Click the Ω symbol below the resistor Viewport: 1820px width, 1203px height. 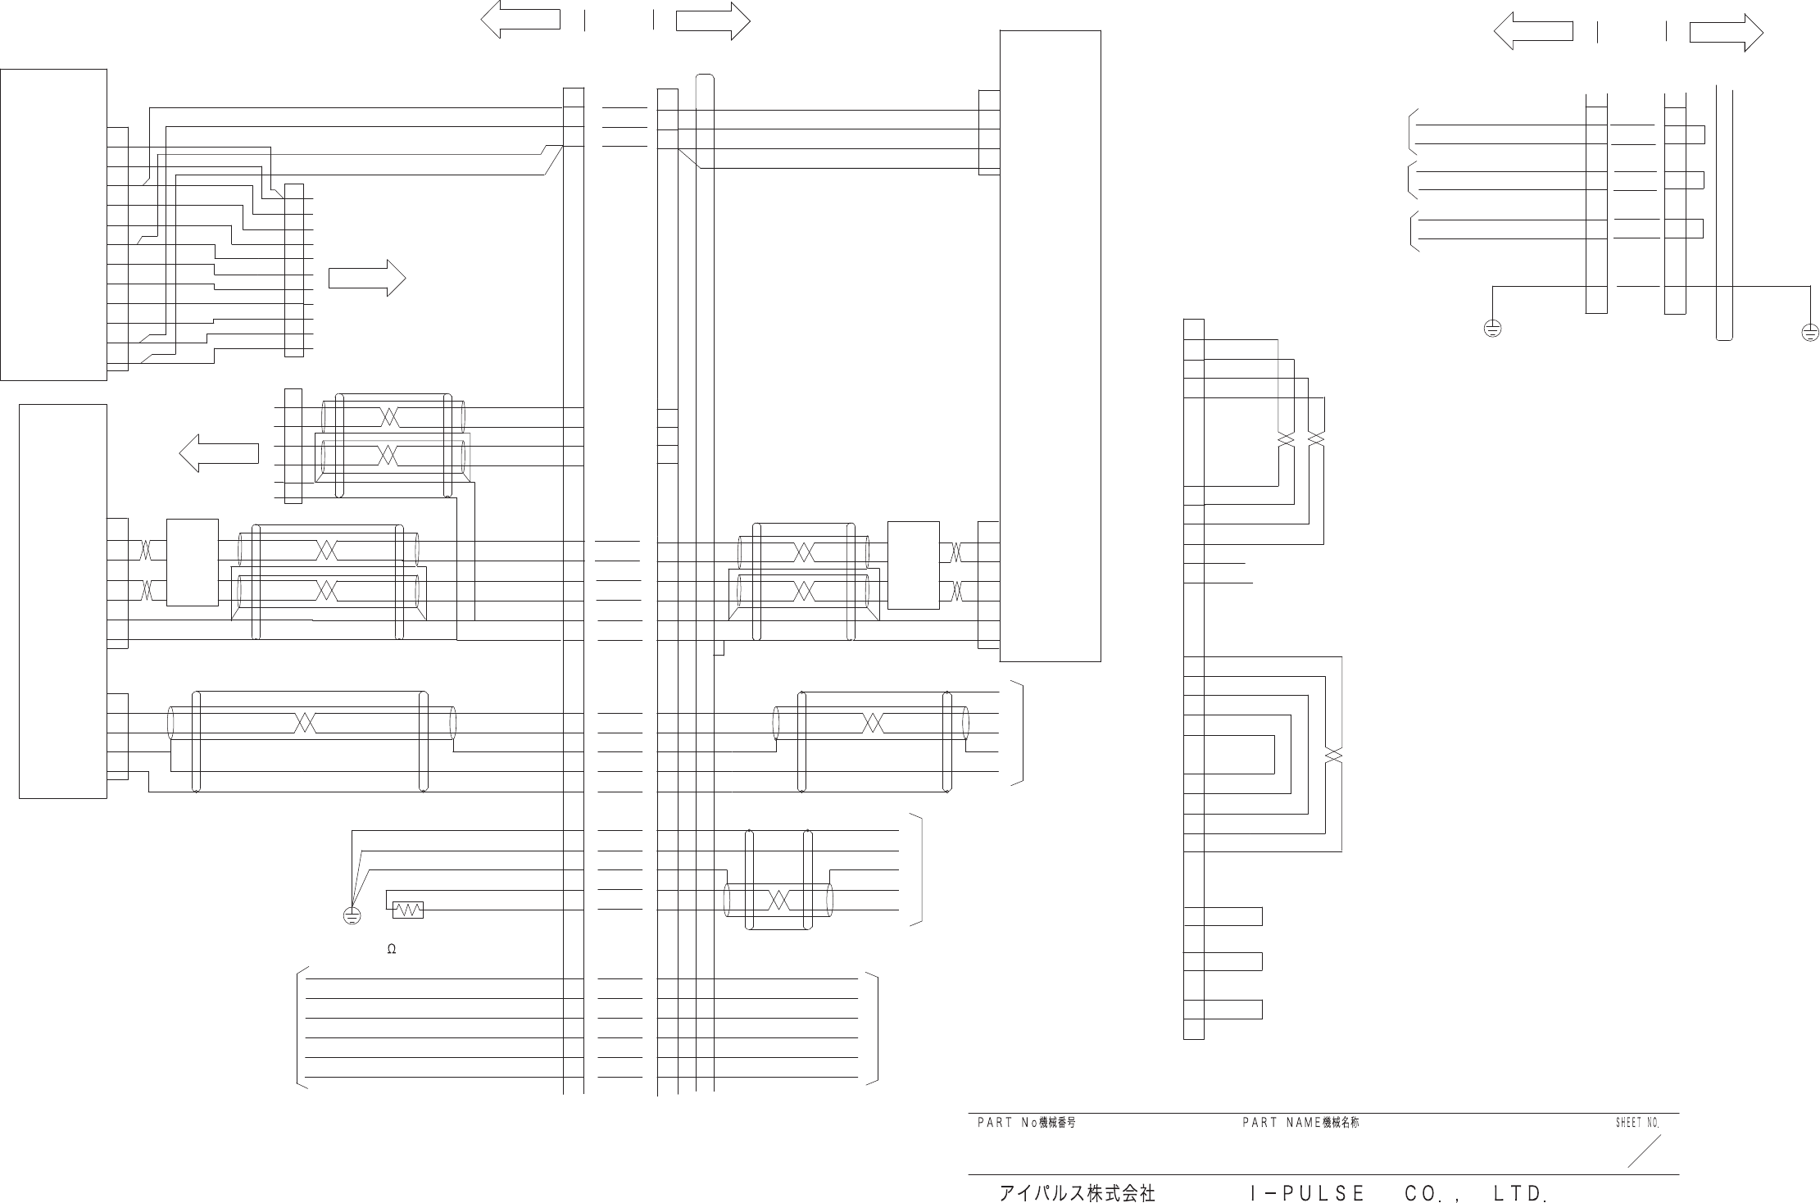point(392,949)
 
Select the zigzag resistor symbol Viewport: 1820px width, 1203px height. point(408,910)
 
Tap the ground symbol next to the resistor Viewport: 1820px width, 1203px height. point(352,916)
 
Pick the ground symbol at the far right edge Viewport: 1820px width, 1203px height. point(1810,333)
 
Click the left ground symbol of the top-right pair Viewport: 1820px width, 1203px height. point(1492,330)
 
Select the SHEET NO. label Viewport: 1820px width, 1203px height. point(1637,1123)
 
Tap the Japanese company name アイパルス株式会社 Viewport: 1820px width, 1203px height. point(1077,1192)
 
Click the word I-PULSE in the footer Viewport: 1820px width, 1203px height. point(1307,1193)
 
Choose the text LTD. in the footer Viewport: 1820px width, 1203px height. point(1521,1193)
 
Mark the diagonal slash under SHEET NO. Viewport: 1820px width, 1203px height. point(1644,1151)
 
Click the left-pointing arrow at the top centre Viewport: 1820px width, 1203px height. point(520,20)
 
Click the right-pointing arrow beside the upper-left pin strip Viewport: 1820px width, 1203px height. point(367,279)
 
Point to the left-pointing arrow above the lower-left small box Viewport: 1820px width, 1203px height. point(219,452)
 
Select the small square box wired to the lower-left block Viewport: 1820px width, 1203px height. point(193,562)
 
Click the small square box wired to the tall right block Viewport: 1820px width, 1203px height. point(913,565)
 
